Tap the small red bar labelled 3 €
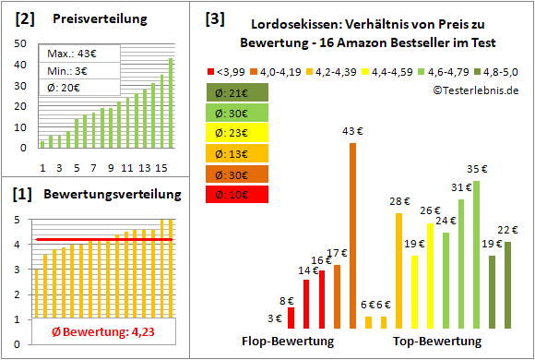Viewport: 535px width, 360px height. point(291,318)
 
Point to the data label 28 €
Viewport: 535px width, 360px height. point(398,201)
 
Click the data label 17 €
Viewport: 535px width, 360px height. point(337,254)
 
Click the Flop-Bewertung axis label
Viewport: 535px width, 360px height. point(287,341)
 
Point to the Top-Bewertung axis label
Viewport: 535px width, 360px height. point(437,341)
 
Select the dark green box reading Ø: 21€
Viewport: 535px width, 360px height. point(237,92)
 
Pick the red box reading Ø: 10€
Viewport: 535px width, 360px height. point(237,194)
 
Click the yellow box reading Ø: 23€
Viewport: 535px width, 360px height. point(237,133)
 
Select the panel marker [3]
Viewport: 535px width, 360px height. point(214,18)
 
